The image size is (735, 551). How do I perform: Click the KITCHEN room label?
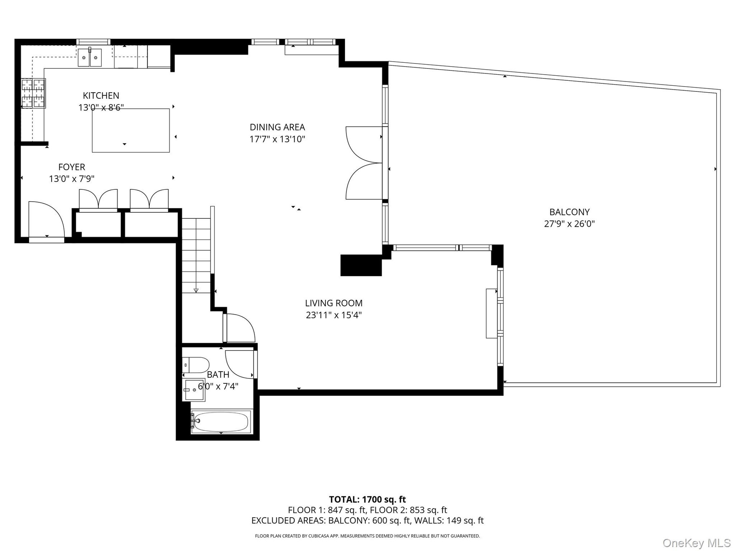coord(101,96)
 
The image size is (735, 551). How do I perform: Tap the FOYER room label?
coord(72,167)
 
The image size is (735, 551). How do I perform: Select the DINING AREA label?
coord(277,127)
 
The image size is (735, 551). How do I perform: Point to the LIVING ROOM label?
coord(334,303)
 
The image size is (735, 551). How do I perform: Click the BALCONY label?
coord(569,212)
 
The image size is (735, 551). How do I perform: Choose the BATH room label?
coord(218,375)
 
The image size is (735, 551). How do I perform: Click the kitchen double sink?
coord(90,57)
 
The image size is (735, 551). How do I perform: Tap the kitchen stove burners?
coord(33,93)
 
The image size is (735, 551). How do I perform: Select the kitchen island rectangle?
coord(131,130)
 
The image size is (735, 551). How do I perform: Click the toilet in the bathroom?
coord(196,365)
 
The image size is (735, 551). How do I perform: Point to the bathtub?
coord(221,422)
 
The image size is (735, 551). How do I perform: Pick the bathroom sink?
coord(195,390)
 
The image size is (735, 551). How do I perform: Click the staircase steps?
coord(196,256)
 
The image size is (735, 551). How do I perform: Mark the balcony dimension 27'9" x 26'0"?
coord(569,224)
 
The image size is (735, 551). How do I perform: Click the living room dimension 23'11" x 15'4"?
coord(334,315)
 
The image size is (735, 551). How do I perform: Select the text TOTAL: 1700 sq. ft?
coord(367,499)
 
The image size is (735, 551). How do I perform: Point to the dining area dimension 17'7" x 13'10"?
coord(277,139)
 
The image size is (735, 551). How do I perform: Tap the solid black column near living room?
coord(361,265)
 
